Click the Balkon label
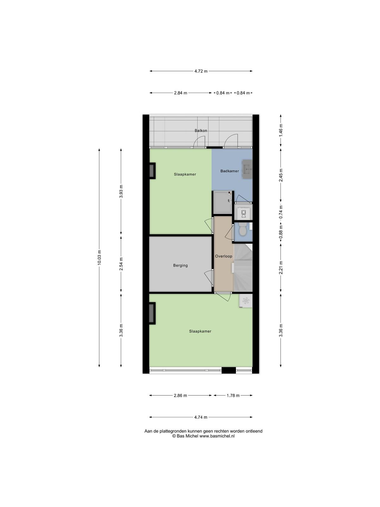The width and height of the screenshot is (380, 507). click(x=201, y=131)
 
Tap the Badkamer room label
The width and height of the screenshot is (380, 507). click(x=229, y=171)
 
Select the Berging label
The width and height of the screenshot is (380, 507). click(x=180, y=266)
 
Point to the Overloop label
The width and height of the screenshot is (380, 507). click(x=224, y=256)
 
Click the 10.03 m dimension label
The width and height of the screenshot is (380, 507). click(x=99, y=257)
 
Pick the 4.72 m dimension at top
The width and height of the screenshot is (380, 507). click(x=201, y=71)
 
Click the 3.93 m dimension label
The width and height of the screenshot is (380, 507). click(x=121, y=191)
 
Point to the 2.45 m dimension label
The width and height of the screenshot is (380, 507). click(x=281, y=175)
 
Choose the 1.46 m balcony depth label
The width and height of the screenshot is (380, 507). click(x=281, y=131)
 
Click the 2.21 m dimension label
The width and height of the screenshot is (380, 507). click(x=281, y=268)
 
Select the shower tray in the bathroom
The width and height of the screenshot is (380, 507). click(x=223, y=202)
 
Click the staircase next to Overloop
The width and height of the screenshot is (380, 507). click(x=243, y=268)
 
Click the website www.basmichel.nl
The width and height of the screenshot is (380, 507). click(x=217, y=436)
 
